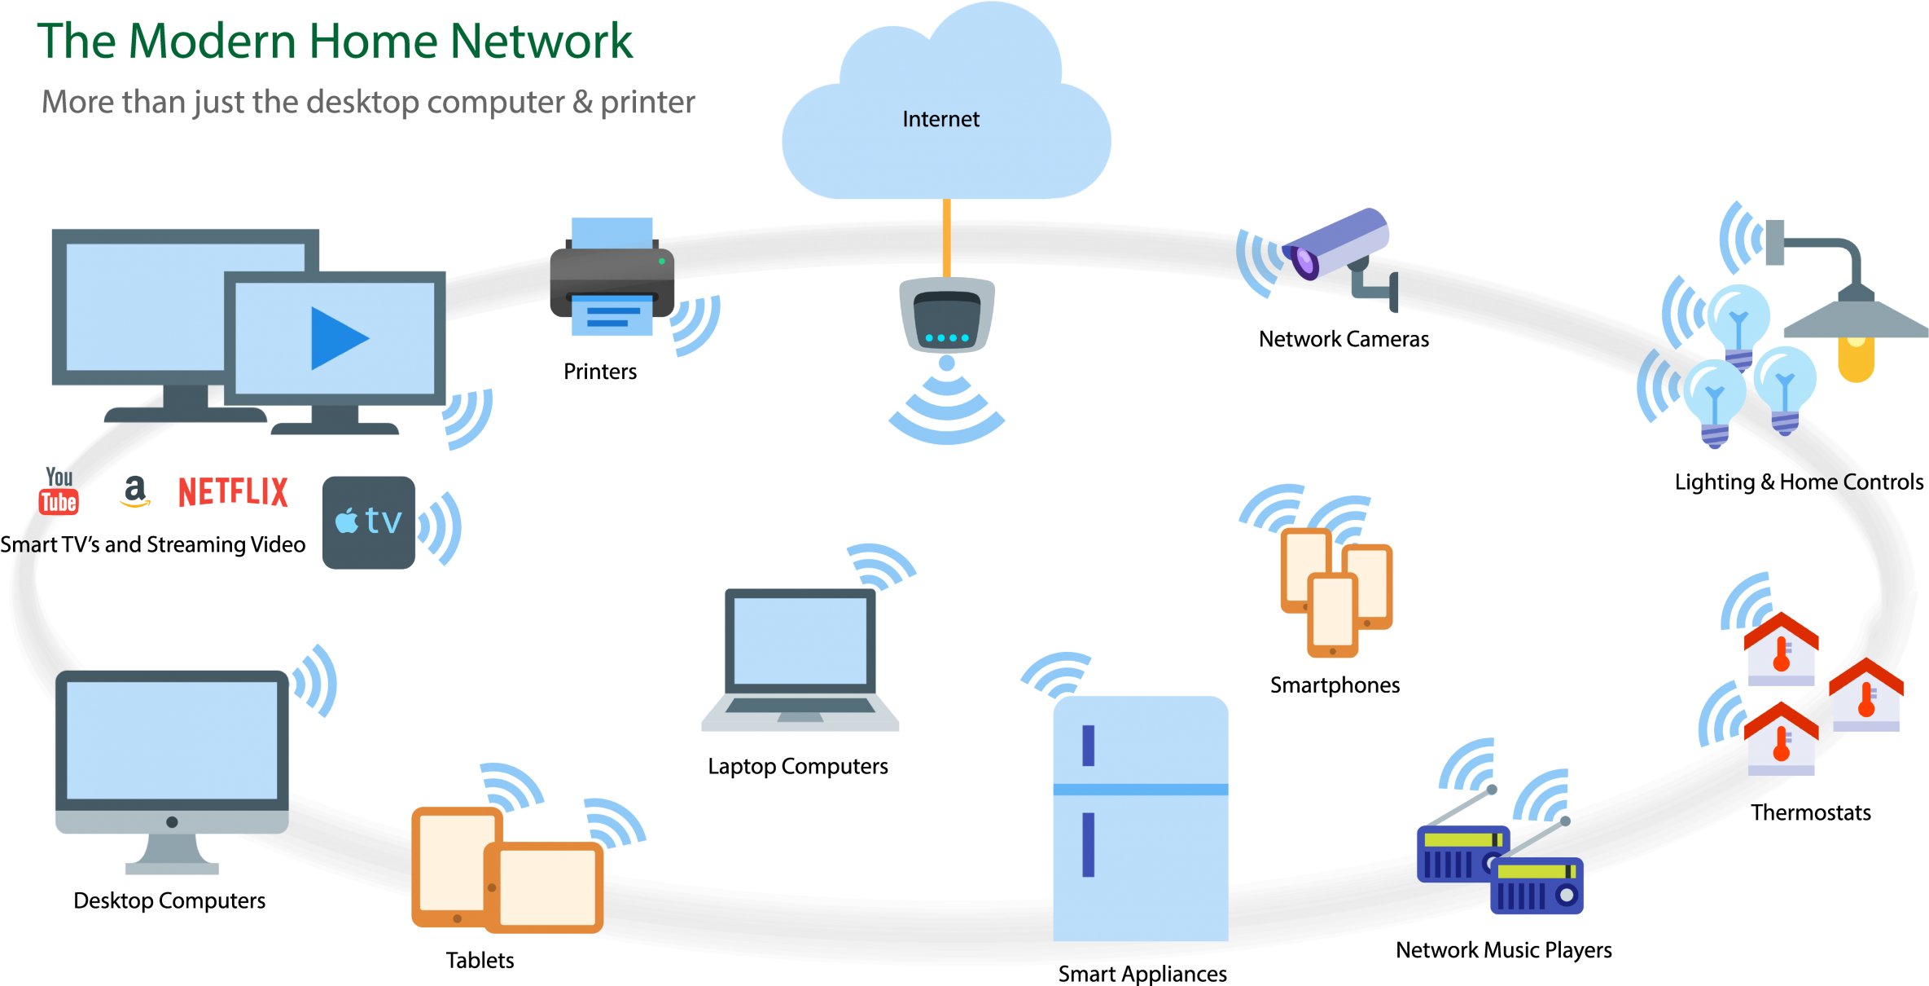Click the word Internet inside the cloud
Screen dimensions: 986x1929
[940, 119]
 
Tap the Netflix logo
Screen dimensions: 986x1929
[233, 492]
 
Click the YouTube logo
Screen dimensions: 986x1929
[59, 491]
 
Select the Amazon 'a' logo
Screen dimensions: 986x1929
[134, 491]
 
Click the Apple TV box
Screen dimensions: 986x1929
[369, 522]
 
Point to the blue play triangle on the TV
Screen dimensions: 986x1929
[336, 338]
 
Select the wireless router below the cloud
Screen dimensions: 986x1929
[946, 316]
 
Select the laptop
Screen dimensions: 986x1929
[800, 658]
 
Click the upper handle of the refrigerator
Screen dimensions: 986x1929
[1088, 745]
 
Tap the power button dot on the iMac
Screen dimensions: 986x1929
[172, 822]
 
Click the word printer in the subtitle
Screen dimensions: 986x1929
[647, 103]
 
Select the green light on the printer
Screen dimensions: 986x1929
[661, 262]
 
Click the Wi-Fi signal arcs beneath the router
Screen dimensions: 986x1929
[946, 412]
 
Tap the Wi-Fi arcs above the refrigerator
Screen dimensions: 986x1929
[1057, 673]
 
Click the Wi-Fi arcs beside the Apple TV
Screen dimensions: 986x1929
[441, 527]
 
